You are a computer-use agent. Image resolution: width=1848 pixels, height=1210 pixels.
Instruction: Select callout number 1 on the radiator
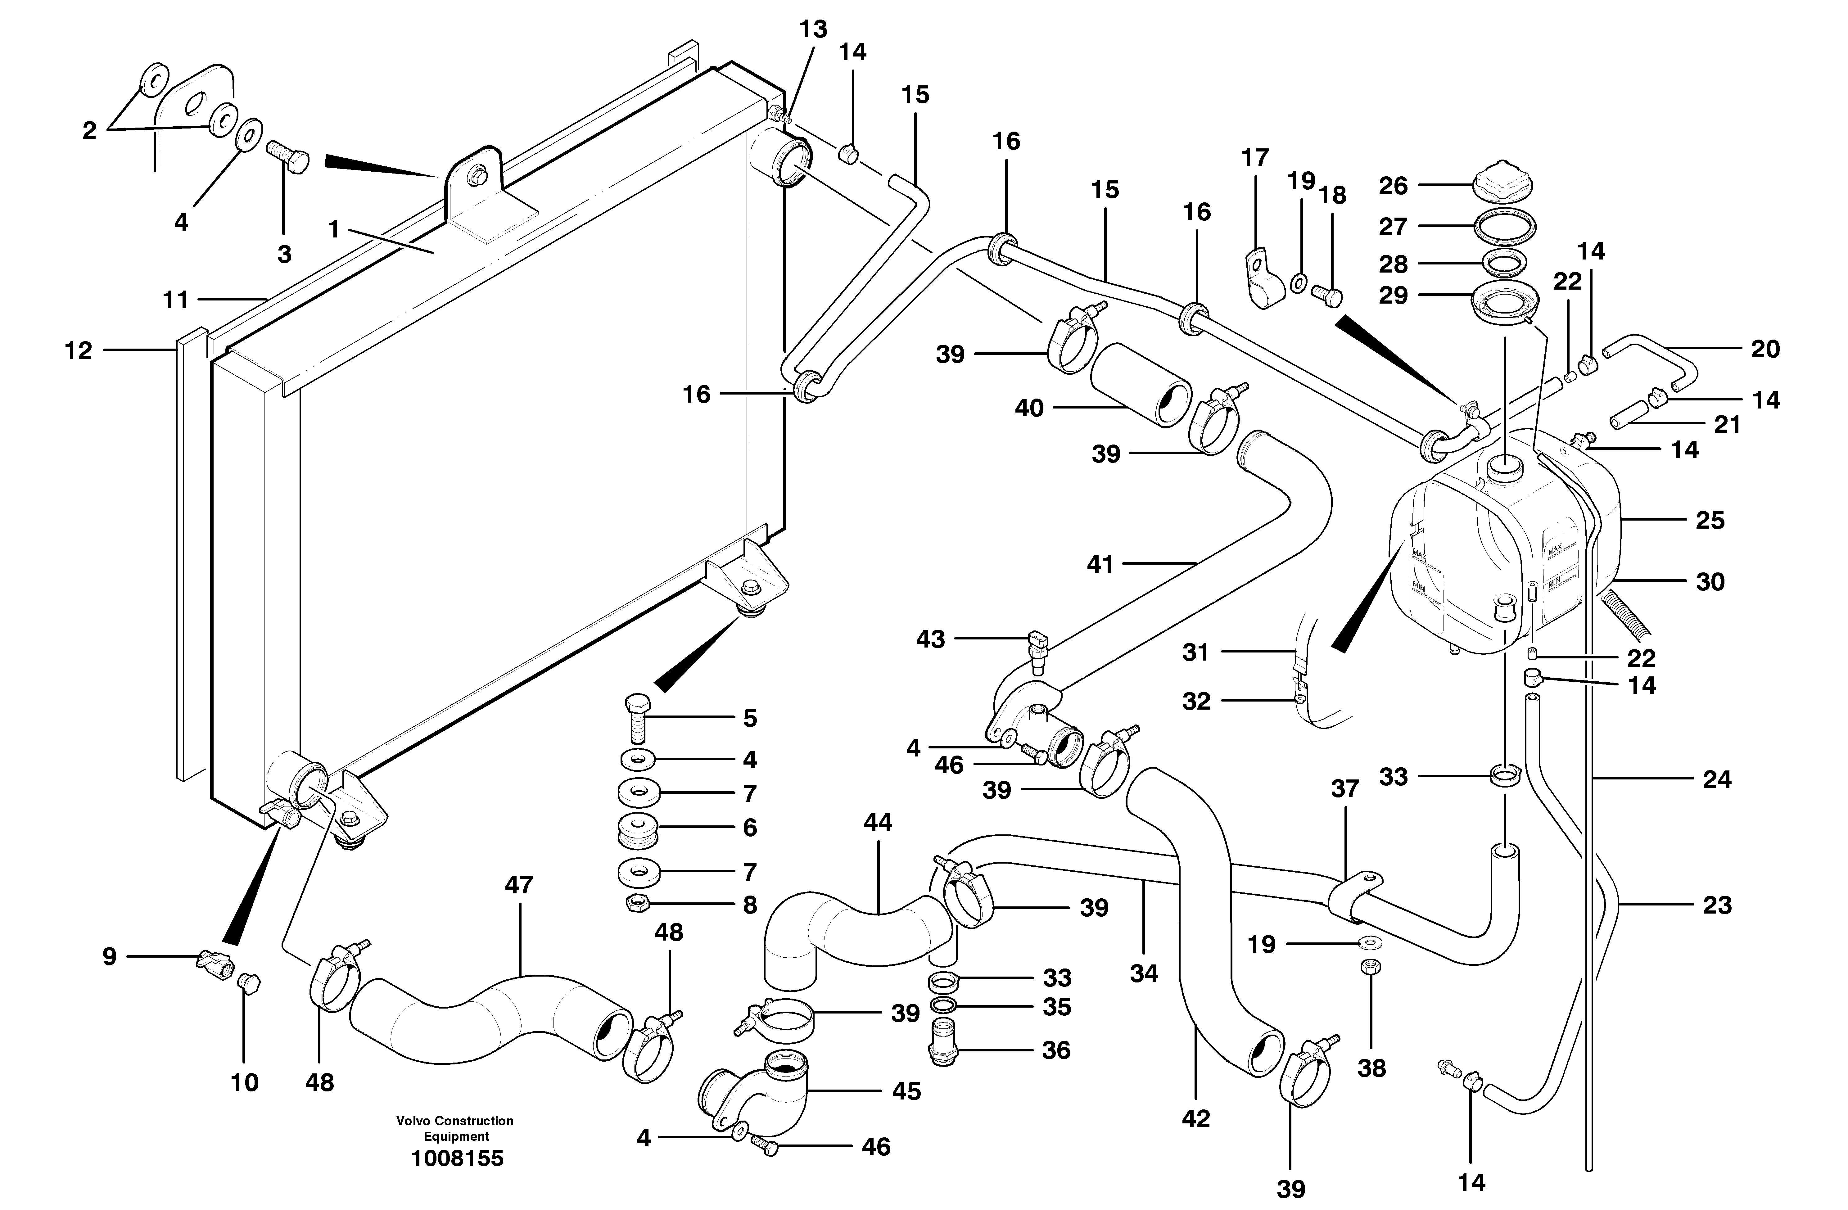334,230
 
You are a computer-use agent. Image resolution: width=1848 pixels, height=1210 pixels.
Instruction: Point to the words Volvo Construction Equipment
455,1128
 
